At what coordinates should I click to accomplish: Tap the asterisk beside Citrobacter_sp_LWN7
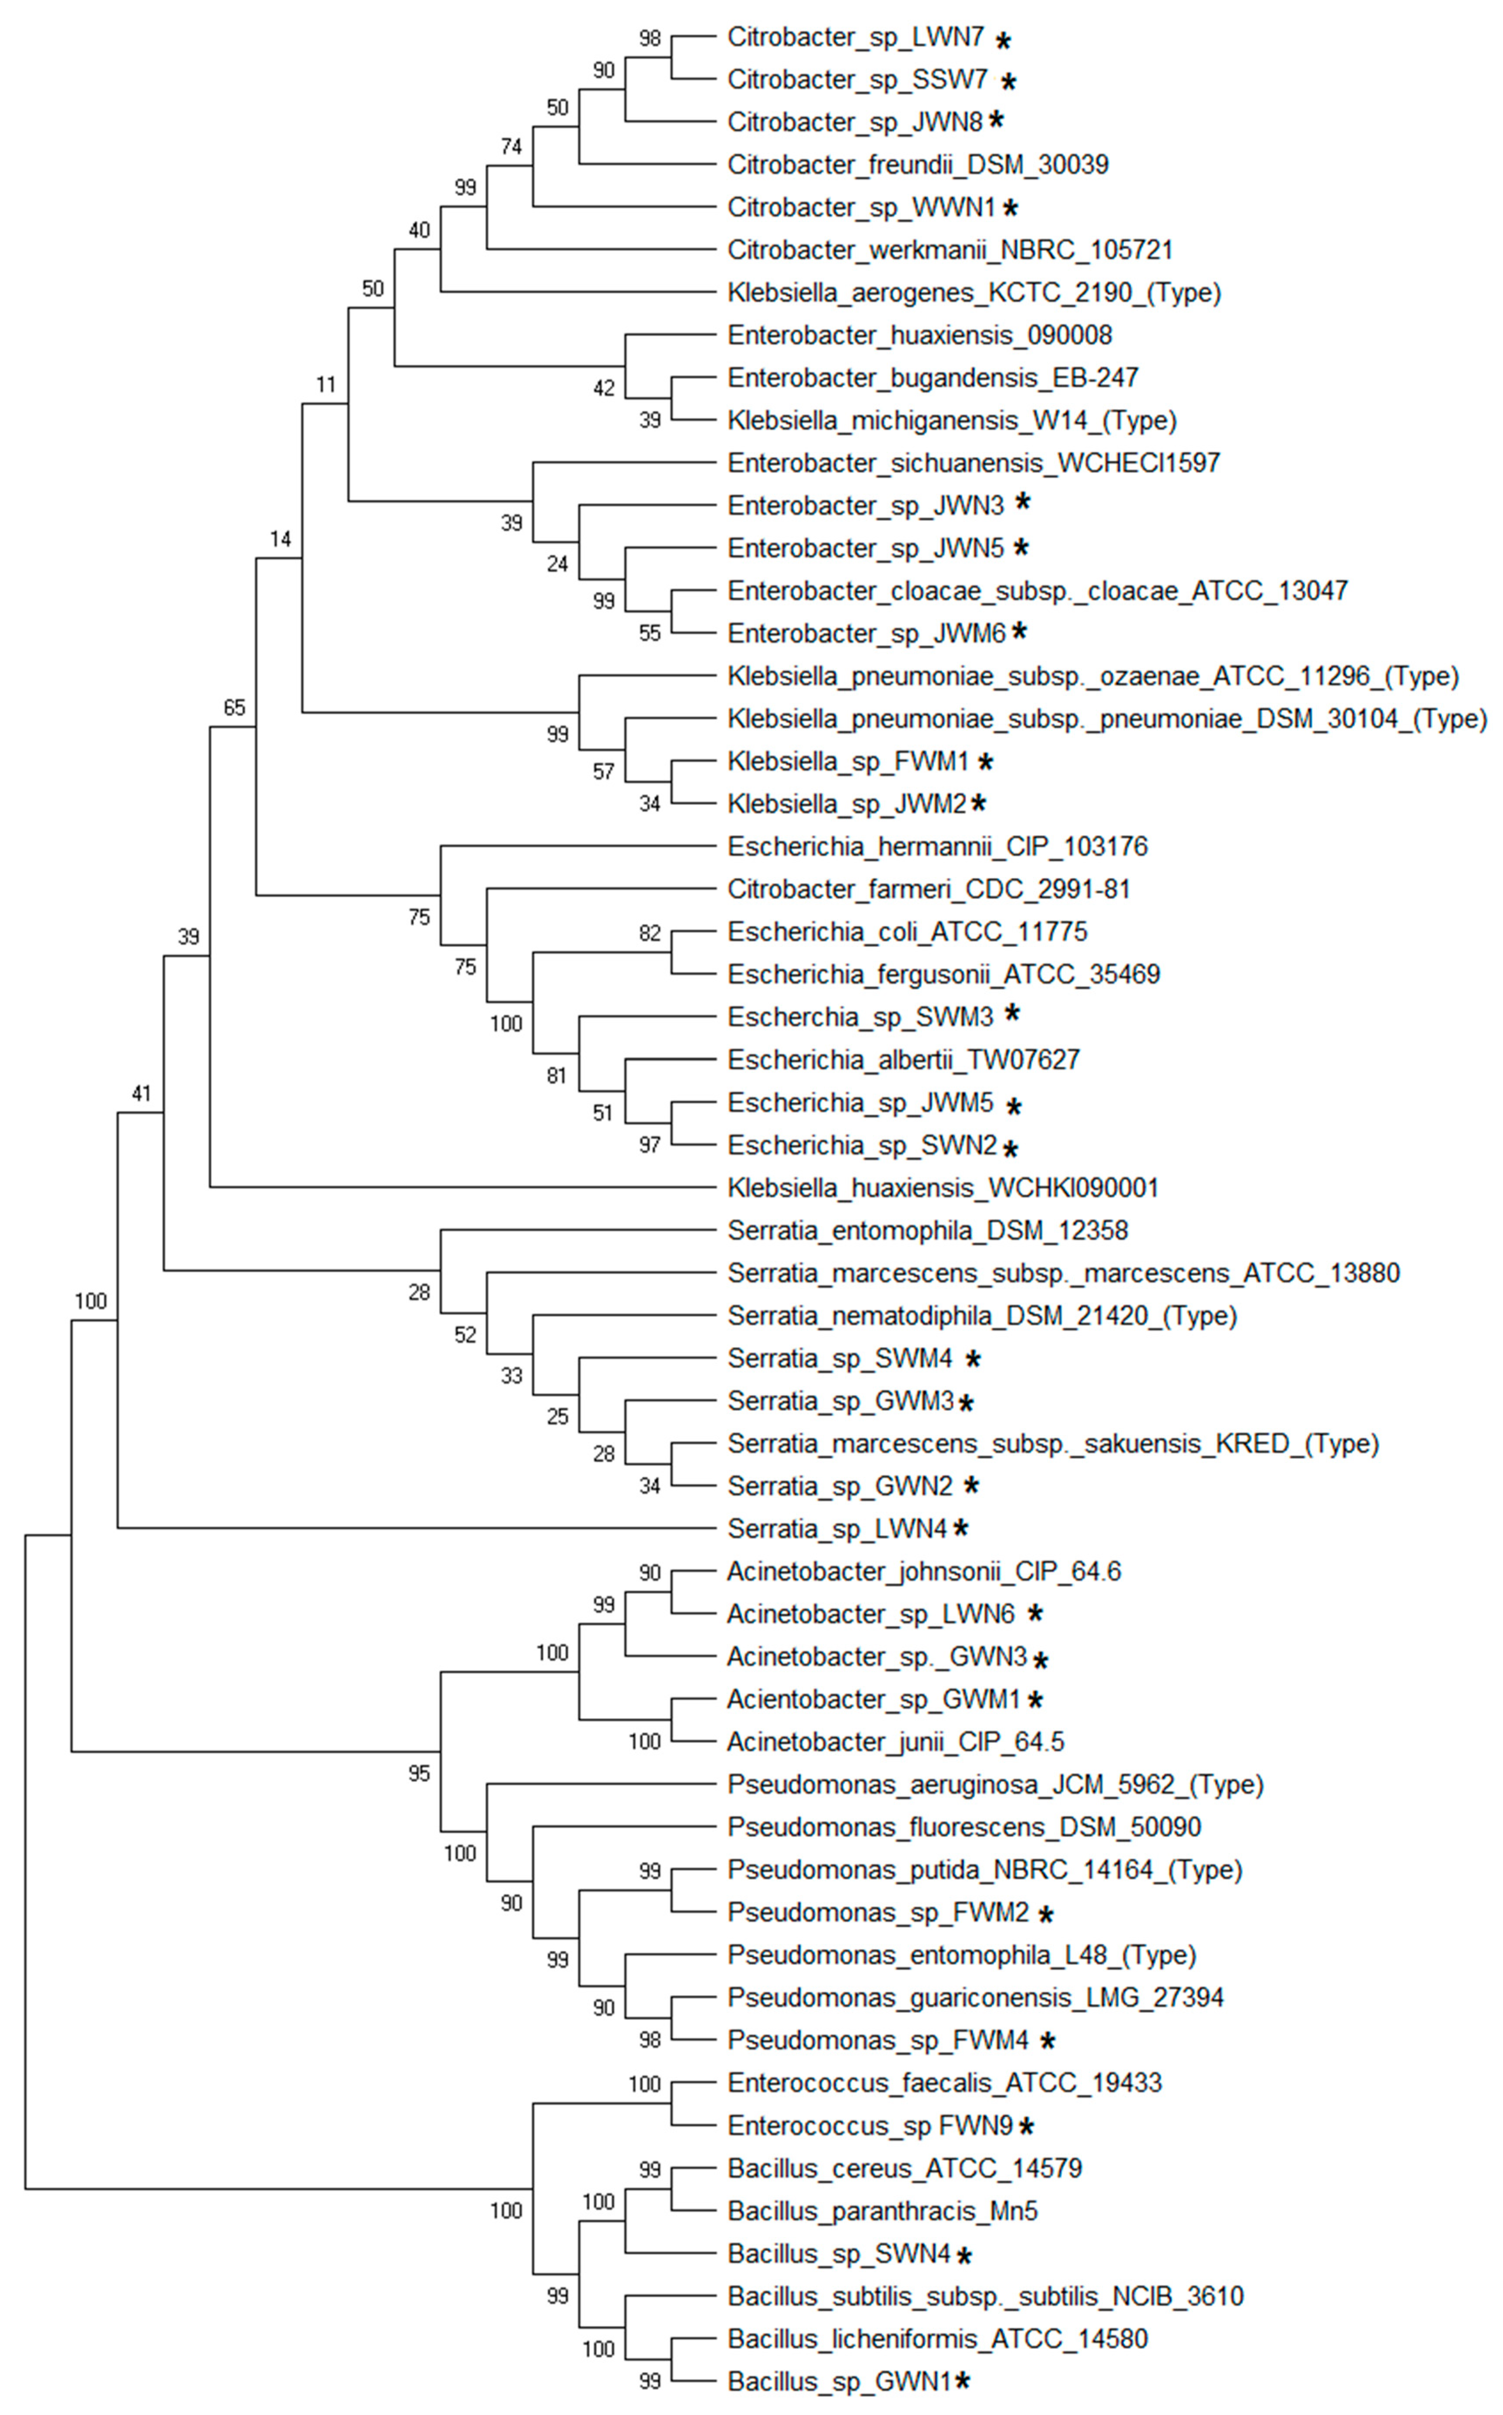[1004, 41]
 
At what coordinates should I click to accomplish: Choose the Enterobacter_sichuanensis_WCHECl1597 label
[973, 463]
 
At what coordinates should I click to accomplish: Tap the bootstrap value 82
[649, 933]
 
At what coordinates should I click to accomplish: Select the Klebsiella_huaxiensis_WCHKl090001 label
[942, 1188]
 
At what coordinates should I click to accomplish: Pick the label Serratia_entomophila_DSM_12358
[927, 1231]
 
